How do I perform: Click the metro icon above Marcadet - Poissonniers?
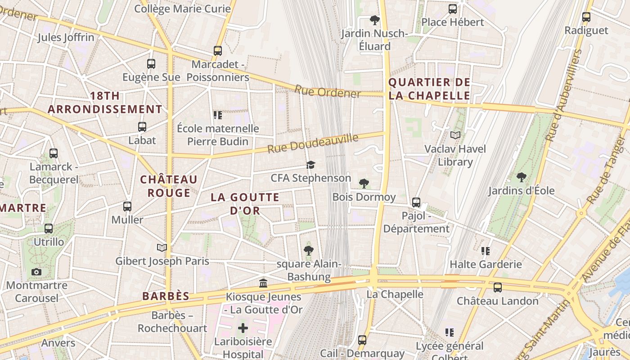pos(218,51)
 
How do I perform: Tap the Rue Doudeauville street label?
pos(313,143)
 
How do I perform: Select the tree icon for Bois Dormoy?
pos(364,184)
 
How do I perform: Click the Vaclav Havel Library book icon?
pos(455,135)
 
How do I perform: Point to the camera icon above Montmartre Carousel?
pos(36,272)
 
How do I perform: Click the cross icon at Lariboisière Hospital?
pos(243,328)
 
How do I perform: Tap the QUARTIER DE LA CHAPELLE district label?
pos(429,89)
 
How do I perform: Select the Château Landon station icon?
pos(497,287)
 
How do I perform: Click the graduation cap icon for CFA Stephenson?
pos(310,165)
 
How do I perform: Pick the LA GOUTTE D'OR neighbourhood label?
pos(245,203)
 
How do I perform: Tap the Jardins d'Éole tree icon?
pos(522,177)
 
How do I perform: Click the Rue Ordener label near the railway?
pos(328,91)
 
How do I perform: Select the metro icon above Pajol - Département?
pos(416,202)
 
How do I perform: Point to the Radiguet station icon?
pos(586,17)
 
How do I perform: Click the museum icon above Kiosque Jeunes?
pos(263,283)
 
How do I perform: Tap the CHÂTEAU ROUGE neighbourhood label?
pos(169,186)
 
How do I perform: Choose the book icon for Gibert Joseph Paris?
pos(162,247)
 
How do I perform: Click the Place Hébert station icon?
pos(453,9)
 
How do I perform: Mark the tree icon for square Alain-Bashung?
pos(308,250)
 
